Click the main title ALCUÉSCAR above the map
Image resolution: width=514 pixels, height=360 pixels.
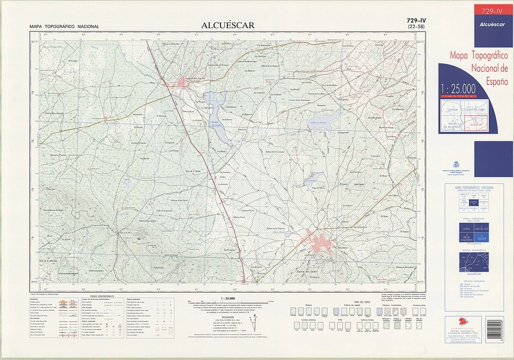(228, 25)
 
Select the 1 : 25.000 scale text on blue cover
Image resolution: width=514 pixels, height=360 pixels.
(458, 89)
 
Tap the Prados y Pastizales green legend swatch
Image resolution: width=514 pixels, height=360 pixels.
(397, 326)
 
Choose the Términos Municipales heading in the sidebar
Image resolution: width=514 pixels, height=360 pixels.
(474, 281)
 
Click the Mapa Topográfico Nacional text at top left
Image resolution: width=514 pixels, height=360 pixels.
(64, 27)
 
